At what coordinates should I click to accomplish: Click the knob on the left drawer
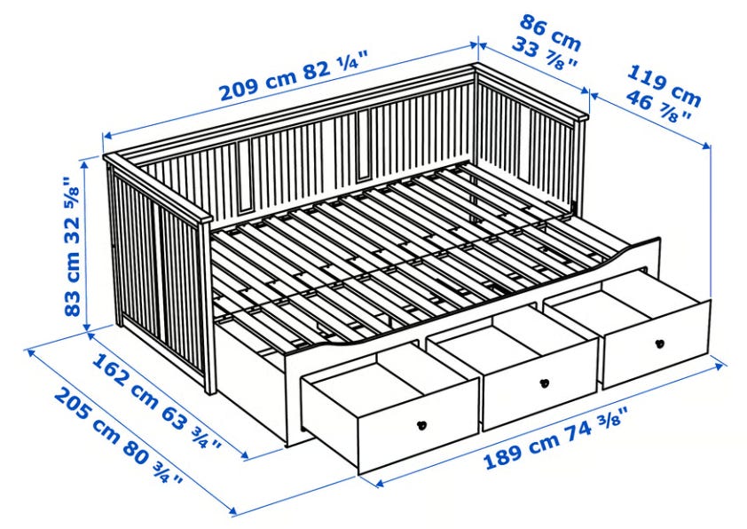pyautogui.click(x=421, y=425)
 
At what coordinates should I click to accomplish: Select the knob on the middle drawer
pyautogui.click(x=545, y=383)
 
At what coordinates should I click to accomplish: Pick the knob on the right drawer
pyautogui.click(x=659, y=343)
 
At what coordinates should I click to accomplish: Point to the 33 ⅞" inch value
pyautogui.click(x=546, y=55)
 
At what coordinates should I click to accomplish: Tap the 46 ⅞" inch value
pyautogui.click(x=658, y=106)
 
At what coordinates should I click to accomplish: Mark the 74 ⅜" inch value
pyautogui.click(x=596, y=427)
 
